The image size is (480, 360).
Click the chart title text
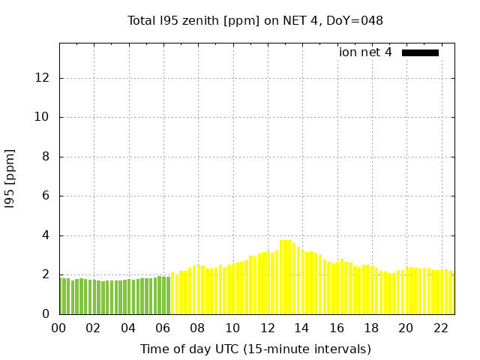255,21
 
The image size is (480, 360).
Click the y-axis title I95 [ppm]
10,178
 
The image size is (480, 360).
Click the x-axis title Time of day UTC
255,349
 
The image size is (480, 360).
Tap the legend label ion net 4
365,52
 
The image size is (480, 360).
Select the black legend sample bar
420,52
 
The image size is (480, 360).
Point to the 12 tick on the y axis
43,78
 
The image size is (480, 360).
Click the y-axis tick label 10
43,117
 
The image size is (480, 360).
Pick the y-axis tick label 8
47,157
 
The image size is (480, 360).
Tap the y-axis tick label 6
47,196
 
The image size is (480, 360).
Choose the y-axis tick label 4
47,235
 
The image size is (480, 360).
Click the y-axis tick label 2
47,274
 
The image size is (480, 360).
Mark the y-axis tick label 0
47,314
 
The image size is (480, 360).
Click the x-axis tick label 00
59,328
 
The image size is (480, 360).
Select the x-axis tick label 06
163,328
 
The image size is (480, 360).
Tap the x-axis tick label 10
232,328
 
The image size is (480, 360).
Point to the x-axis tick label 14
301,328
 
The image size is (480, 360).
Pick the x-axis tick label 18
370,328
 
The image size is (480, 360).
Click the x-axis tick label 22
440,328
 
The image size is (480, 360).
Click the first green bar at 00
62,296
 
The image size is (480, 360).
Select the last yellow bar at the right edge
452,294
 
